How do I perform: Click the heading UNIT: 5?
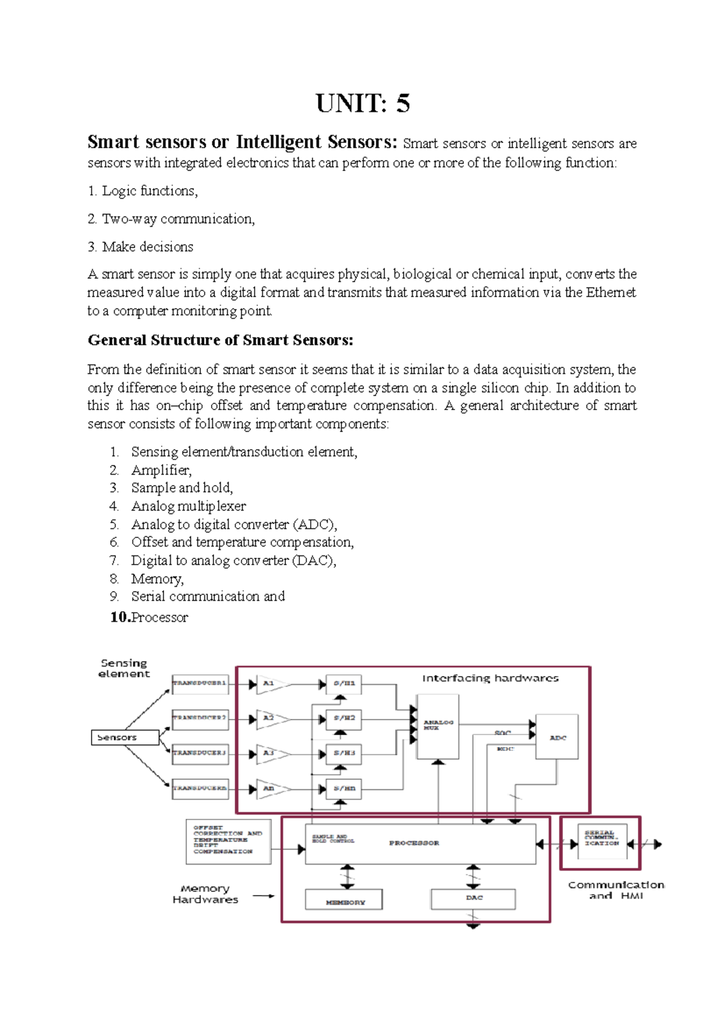(363, 103)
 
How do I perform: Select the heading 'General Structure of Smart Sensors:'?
(220, 340)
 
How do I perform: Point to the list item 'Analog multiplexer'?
(188, 506)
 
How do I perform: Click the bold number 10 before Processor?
(120, 617)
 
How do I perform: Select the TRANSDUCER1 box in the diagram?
(200, 683)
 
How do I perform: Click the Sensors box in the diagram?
(125, 737)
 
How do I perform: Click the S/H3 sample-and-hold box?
(344, 753)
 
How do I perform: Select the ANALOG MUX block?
(438, 726)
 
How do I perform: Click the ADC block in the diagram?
(557, 737)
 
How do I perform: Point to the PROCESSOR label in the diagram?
(414, 842)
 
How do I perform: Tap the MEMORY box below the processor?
(345, 900)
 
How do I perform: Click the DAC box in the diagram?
(474, 899)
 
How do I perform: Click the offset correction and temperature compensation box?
(227, 841)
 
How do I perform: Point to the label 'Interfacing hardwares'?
(490, 678)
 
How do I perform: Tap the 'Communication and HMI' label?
(615, 890)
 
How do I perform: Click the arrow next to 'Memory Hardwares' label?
(263, 896)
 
